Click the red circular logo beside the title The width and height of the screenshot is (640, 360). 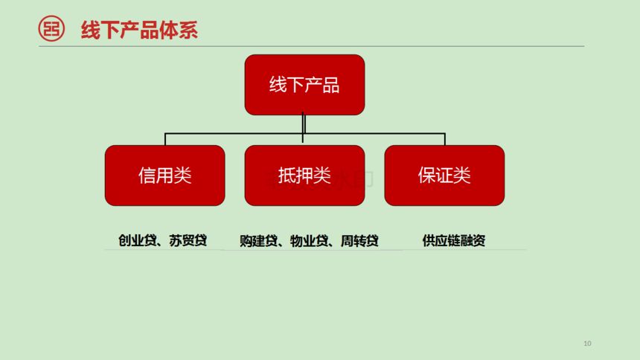tap(51, 28)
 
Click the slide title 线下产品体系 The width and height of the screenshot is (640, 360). tap(139, 30)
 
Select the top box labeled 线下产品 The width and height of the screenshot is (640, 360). tap(304, 85)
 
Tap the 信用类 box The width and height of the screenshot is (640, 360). tap(165, 176)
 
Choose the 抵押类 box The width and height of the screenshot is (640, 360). tap(304, 176)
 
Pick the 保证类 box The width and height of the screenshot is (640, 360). tap(444, 176)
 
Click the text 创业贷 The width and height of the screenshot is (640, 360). tap(137, 240)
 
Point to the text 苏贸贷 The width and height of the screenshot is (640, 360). tap(188, 240)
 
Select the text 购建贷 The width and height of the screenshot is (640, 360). tap(258, 241)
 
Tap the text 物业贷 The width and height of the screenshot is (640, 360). tap(309, 241)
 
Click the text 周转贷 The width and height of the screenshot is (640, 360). tap(359, 241)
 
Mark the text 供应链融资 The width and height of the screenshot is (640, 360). tap(454, 240)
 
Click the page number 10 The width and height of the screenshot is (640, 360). tap(587, 344)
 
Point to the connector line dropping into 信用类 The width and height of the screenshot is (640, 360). tap(165, 139)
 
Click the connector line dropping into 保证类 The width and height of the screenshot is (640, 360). tap(445, 139)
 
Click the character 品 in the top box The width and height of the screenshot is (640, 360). tap(330, 86)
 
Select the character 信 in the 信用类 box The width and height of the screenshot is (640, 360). tap(147, 176)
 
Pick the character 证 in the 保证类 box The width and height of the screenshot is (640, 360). tap(444, 176)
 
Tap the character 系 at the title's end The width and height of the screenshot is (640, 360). tap(188, 30)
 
